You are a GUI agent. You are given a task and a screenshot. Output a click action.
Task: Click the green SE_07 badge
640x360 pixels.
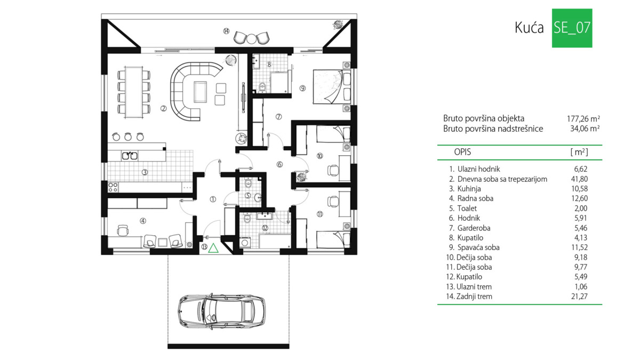572,28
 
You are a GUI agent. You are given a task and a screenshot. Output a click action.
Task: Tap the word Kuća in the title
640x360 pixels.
529,28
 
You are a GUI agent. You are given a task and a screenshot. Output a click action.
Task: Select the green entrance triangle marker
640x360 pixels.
213,248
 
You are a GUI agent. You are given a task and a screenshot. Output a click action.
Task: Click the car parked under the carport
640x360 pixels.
221,311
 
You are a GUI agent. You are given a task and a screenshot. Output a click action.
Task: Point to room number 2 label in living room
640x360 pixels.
163,109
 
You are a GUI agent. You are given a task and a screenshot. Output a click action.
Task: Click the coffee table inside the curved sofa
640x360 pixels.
201,92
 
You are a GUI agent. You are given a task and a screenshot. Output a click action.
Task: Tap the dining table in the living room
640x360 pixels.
134,92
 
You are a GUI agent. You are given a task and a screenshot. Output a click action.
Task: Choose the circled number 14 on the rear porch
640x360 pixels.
226,31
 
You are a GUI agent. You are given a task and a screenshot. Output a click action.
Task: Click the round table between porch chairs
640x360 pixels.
251,39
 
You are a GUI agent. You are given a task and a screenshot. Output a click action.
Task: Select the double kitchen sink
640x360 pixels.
130,155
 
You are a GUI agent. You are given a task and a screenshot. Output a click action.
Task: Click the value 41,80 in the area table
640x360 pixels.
579,179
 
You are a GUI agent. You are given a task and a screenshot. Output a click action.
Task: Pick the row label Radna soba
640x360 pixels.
475,198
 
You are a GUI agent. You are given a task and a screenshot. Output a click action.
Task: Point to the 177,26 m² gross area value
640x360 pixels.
583,118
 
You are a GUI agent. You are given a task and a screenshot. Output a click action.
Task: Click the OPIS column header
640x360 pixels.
462,152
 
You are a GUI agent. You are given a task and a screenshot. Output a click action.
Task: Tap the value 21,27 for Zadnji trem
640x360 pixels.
579,297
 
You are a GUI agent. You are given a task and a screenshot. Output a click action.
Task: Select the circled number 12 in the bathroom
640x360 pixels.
265,228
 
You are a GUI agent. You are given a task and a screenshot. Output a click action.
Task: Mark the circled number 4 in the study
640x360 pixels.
143,221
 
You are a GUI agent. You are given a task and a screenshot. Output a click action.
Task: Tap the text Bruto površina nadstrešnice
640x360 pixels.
493,129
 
